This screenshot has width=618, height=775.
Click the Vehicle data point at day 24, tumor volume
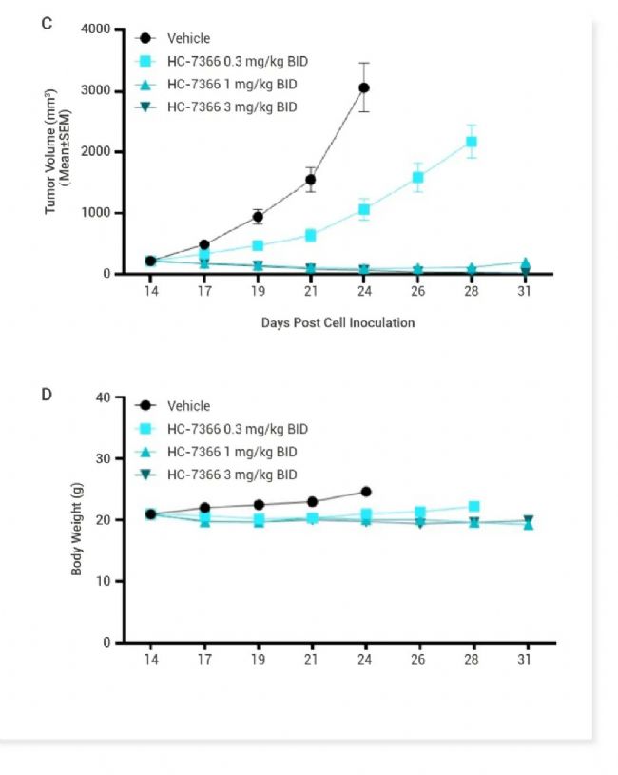[x=363, y=87]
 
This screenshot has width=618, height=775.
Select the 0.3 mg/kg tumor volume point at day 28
[x=472, y=142]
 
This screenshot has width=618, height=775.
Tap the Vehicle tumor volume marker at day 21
[x=310, y=179]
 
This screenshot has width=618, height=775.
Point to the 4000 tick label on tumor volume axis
[x=97, y=29]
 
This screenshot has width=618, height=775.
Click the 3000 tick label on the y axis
[x=97, y=91]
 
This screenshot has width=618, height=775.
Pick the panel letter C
[x=47, y=22]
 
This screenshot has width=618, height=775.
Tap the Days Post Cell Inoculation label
[x=338, y=323]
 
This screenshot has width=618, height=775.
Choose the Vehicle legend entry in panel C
[x=188, y=39]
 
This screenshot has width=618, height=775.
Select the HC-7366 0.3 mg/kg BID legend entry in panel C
[x=237, y=62]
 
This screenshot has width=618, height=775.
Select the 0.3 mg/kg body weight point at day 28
[x=473, y=507]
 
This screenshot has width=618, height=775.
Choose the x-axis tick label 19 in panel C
[x=257, y=291]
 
